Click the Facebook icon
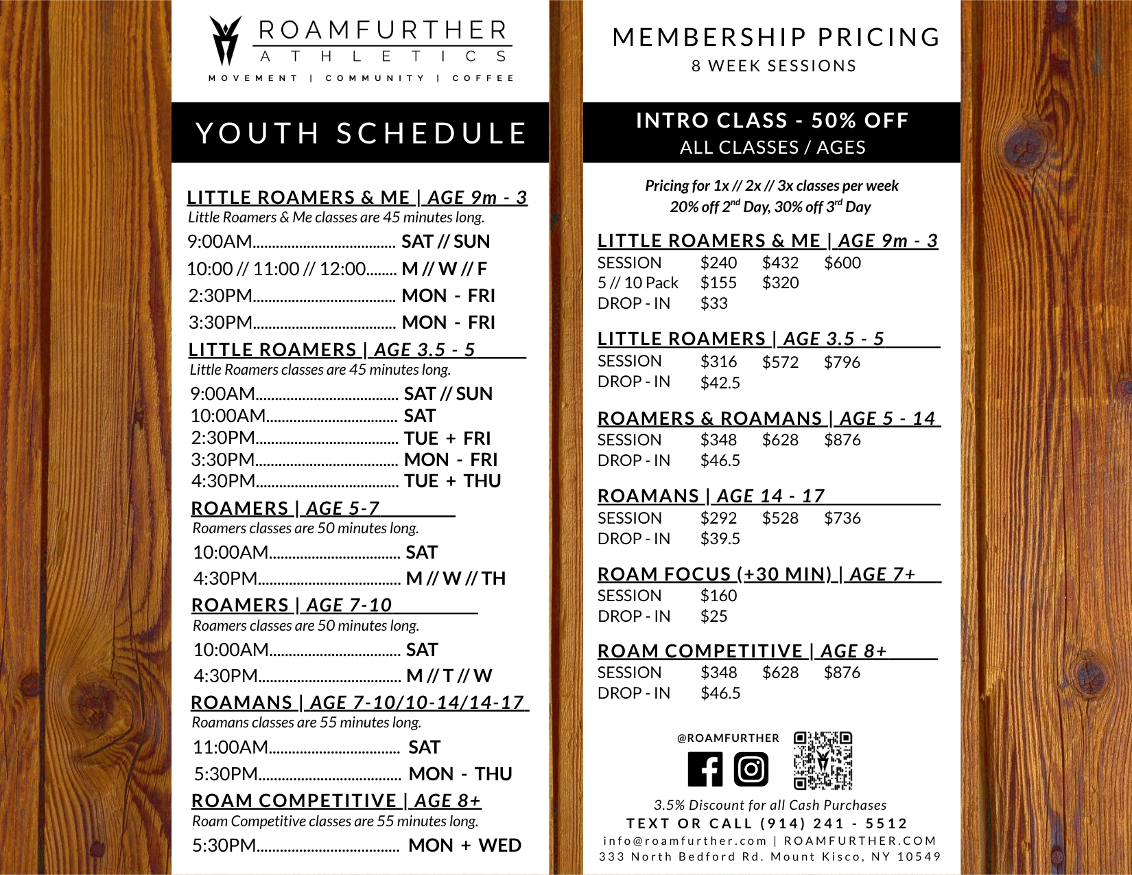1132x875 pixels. (x=705, y=769)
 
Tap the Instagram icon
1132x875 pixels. (x=751, y=769)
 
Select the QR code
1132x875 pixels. (x=823, y=760)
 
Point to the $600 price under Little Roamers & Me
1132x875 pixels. (x=842, y=263)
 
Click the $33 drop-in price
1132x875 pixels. (x=714, y=303)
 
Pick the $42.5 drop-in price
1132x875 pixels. (x=720, y=383)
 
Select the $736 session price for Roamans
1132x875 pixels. (x=842, y=518)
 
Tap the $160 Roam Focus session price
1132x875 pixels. (x=718, y=596)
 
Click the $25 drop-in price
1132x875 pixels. (x=714, y=616)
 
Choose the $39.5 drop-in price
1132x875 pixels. (x=720, y=539)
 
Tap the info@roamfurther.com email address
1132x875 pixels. (x=685, y=841)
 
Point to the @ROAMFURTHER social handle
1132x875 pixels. (x=728, y=738)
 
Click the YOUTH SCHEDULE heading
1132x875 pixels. (x=361, y=133)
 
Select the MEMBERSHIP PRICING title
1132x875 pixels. (x=776, y=37)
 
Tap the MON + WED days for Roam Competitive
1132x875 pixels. (x=464, y=845)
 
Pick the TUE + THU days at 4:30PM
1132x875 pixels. (x=452, y=481)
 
